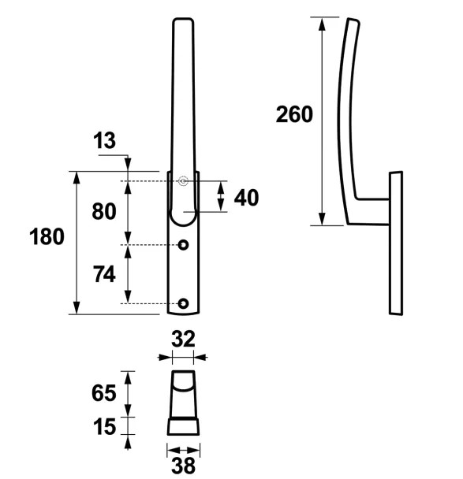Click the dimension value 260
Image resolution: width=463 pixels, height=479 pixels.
coord(294,114)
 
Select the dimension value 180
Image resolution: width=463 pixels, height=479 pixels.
coord(47,236)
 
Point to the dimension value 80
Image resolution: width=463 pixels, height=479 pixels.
coord(104,212)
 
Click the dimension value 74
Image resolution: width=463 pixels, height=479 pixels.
coord(104,274)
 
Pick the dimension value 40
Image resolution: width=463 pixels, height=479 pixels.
coord(246,197)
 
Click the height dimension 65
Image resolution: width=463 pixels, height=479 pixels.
coord(104,392)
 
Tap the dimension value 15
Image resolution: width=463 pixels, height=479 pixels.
coord(104,426)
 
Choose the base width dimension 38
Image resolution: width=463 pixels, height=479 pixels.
coord(183,466)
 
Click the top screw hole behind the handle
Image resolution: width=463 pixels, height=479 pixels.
coord(183,182)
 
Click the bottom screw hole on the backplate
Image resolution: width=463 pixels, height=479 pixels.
coord(183,303)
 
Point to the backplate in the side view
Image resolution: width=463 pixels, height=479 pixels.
coord(396,244)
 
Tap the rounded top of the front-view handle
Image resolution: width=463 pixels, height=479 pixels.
coord(182,24)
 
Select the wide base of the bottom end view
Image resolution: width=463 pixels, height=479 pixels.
coord(183,426)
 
